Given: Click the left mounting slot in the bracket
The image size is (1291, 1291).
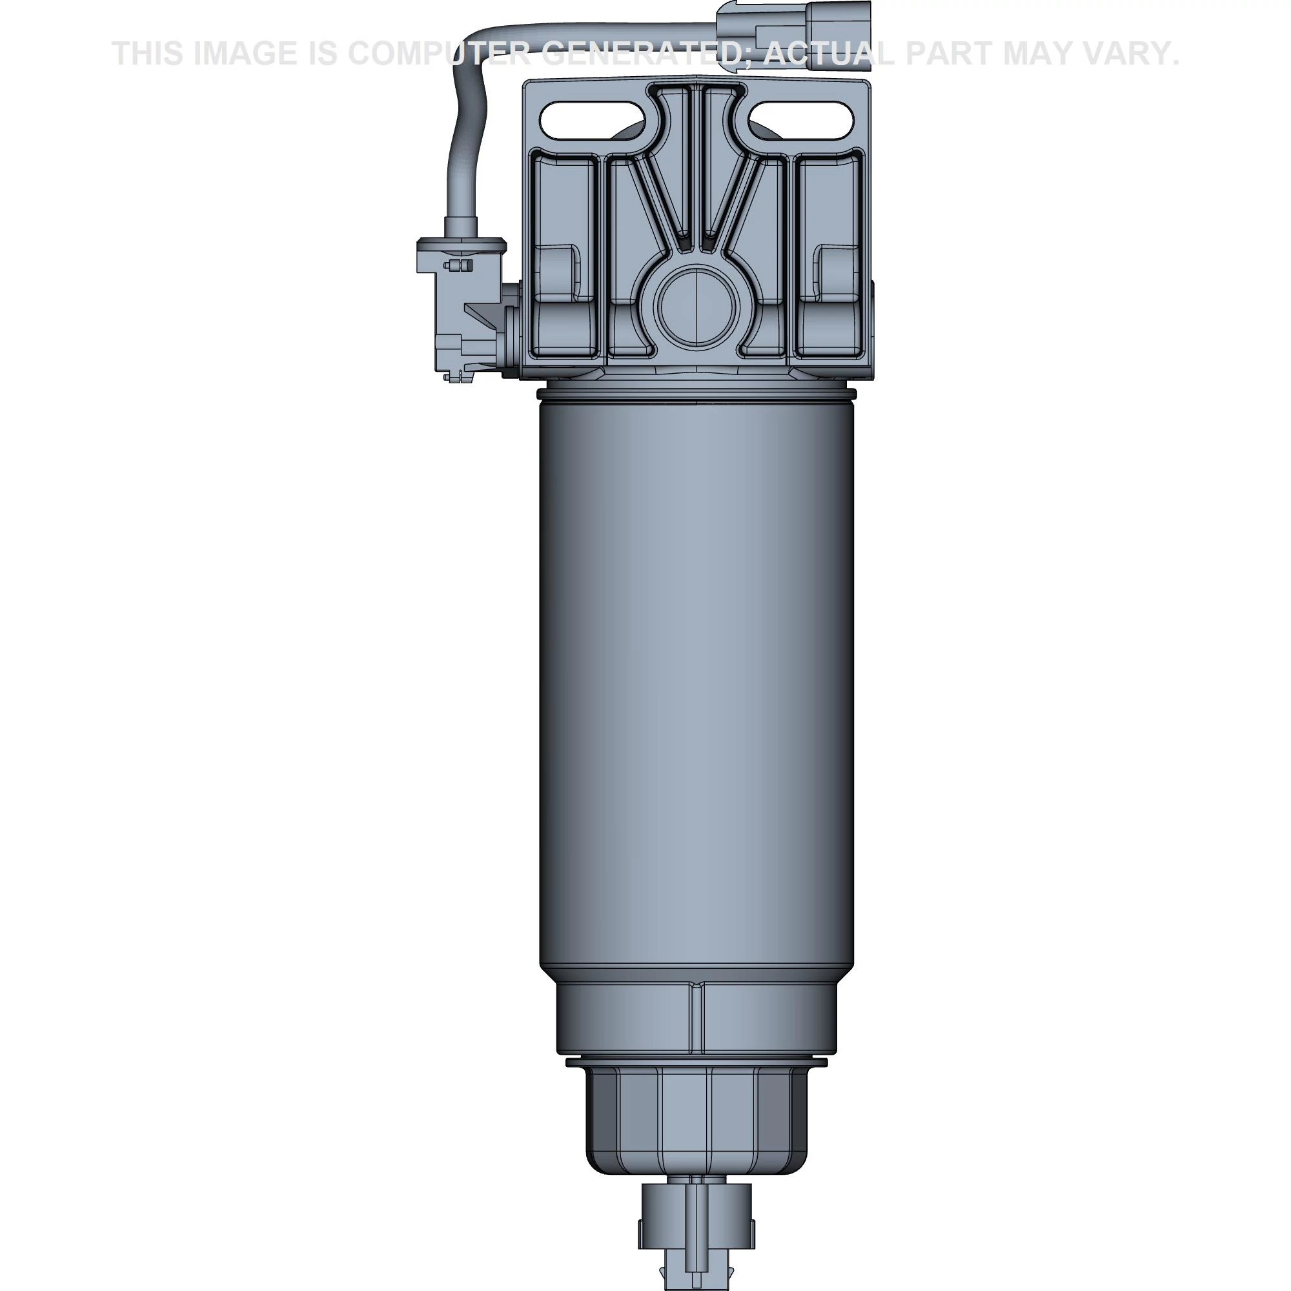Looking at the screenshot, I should click(x=593, y=120).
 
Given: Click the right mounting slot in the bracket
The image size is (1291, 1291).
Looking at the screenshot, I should click(x=801, y=120).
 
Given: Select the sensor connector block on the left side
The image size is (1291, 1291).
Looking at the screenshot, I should click(x=461, y=307).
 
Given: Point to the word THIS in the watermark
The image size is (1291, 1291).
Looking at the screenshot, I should click(x=148, y=54).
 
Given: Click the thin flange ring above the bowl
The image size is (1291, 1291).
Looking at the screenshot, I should click(x=696, y=1062).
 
